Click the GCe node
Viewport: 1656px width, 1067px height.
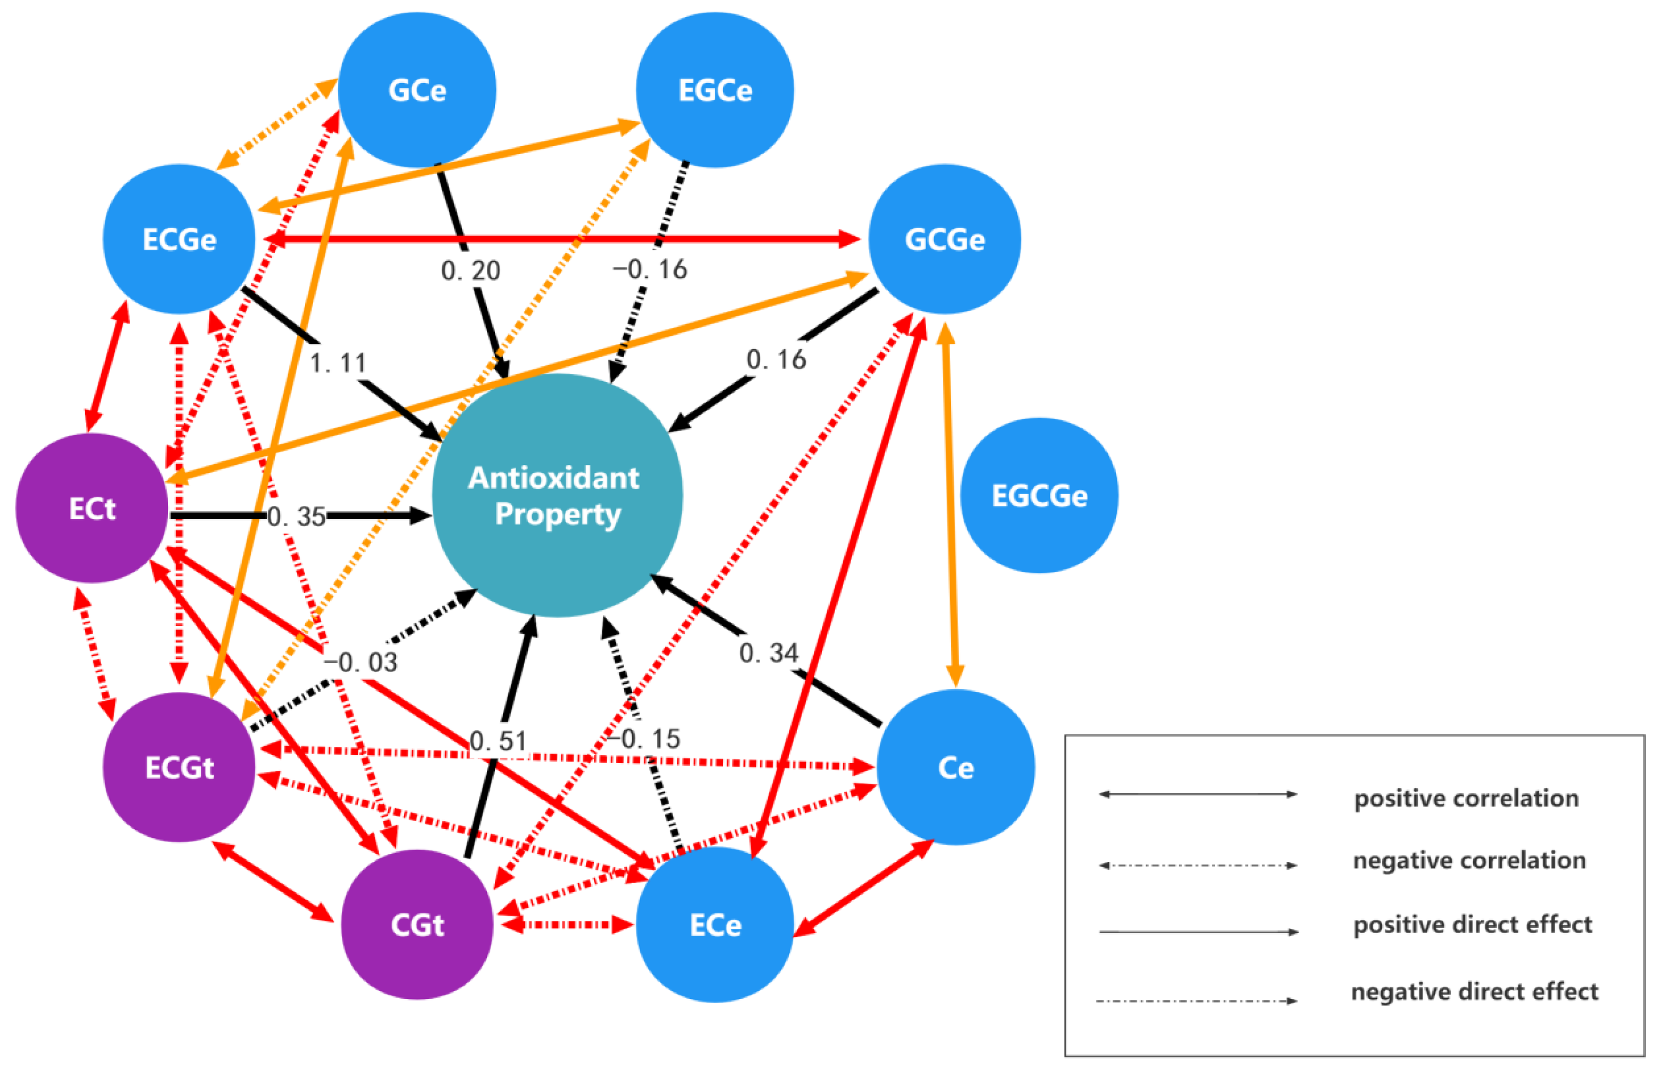point(417,90)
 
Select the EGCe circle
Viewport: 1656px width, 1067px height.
point(714,90)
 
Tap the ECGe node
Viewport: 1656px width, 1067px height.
point(179,239)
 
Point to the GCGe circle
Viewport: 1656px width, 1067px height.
point(944,239)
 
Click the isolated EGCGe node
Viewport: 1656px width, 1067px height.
point(1038,495)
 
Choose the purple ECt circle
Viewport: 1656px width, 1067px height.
point(91,508)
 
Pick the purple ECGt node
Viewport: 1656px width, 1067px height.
point(179,767)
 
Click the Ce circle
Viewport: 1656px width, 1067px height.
point(955,767)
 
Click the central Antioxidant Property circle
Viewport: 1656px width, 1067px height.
point(557,495)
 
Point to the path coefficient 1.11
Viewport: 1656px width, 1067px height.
point(338,362)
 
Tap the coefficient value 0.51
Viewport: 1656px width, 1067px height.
point(498,741)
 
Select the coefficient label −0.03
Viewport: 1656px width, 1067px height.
point(360,663)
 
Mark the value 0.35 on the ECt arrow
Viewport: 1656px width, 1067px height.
point(297,516)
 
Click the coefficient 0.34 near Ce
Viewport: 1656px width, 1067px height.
point(768,653)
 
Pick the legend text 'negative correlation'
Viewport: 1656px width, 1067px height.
point(1469,860)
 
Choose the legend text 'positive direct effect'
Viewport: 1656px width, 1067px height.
point(1472,924)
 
